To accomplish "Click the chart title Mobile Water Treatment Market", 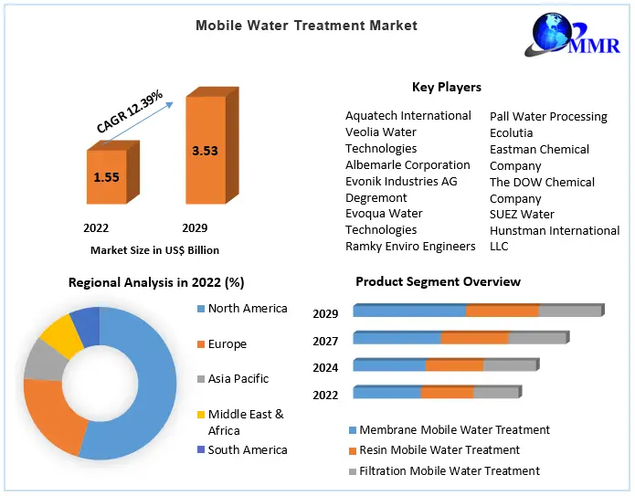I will [306, 26].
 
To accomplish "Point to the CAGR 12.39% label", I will [131, 111].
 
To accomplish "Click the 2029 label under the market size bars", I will [194, 227].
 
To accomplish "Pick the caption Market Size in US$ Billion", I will [154, 249].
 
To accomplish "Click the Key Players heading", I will [447, 87].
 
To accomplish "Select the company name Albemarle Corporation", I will [407, 165].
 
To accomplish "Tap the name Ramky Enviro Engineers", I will [410, 247].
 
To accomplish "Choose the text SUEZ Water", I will [522, 215].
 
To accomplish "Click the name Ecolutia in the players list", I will [511, 133].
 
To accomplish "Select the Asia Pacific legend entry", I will [238, 379].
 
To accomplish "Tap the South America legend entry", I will [247, 449].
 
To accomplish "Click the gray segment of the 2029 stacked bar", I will [568, 311].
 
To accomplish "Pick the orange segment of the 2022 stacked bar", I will [447, 393].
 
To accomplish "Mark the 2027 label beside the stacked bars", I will [325, 341].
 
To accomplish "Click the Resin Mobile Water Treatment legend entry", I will [439, 449].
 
